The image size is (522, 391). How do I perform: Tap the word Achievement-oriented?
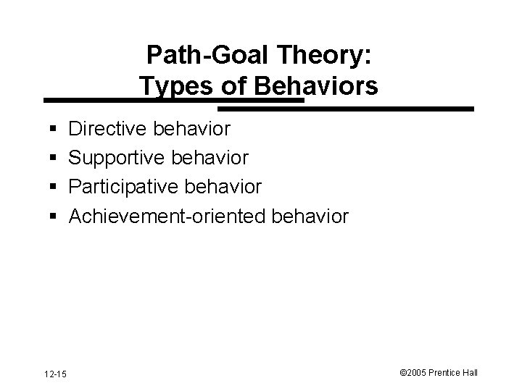[x=169, y=216]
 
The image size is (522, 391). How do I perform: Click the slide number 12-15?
[x=54, y=373]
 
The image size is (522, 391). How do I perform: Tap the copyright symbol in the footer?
[x=403, y=373]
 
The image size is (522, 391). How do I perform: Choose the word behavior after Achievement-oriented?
[x=312, y=216]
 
